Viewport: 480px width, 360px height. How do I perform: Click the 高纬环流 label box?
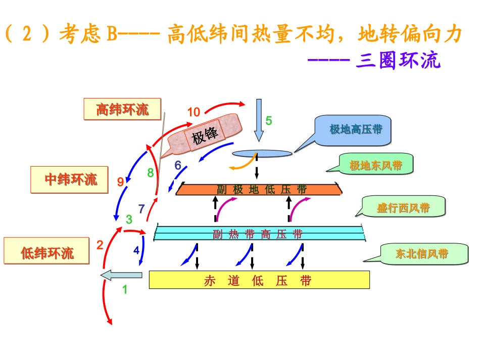pyautogui.click(x=122, y=109)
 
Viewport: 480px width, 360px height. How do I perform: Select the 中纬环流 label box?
pyautogui.click(x=69, y=179)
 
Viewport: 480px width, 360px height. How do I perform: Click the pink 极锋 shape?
pyautogui.click(x=205, y=134)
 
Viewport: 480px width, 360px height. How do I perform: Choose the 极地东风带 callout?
pyautogui.click(x=376, y=165)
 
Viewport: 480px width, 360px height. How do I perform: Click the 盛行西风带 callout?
pyautogui.click(x=404, y=207)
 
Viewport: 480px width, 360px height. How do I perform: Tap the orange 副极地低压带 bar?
pyautogui.click(x=259, y=189)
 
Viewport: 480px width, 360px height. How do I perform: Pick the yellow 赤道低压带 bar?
pyautogui.click(x=259, y=280)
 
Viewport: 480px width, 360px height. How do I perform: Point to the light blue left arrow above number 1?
pyautogui.click(x=121, y=275)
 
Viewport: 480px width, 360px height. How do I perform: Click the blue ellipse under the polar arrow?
pyautogui.click(x=262, y=153)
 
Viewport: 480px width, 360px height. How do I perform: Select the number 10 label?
pyautogui.click(x=194, y=112)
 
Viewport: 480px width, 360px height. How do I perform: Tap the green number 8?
pyautogui.click(x=150, y=173)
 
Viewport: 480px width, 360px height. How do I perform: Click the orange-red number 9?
pyautogui.click(x=120, y=181)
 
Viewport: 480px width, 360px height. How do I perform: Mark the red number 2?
pyautogui.click(x=100, y=245)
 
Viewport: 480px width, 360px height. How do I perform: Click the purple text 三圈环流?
pyautogui.click(x=398, y=61)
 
